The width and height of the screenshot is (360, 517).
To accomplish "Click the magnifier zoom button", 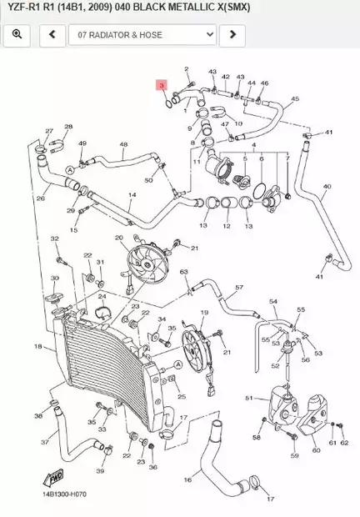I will (17, 35).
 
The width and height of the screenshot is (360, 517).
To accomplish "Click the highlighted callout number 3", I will (162, 85).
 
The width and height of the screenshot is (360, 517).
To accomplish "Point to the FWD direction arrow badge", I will (57, 479).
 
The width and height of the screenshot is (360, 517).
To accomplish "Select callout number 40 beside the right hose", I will (327, 187).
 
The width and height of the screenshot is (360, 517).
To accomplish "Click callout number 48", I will (123, 145).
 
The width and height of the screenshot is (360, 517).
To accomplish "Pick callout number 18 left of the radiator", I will (37, 346).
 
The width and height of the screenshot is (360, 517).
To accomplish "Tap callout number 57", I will (239, 288).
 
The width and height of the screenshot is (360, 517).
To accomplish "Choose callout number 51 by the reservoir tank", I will (249, 399).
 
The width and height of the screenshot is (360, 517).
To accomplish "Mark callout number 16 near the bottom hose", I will (187, 479).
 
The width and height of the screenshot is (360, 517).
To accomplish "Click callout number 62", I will (343, 443).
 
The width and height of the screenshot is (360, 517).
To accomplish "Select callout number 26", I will (40, 198).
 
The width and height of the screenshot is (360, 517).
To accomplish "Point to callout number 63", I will (184, 273).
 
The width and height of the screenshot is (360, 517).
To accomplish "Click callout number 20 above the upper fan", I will (118, 238).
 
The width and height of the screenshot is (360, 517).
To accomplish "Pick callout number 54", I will (272, 300).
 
